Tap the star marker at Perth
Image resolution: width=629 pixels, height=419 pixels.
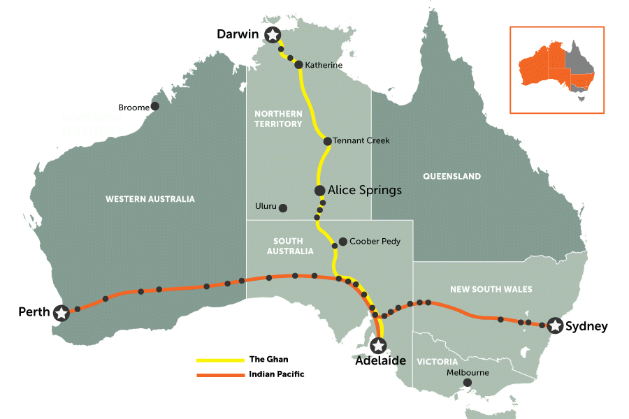(x=62, y=313)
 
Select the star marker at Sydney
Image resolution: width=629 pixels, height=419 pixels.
(x=555, y=325)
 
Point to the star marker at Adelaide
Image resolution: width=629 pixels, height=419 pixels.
(x=378, y=345)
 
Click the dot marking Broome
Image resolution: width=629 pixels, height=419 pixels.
(x=155, y=106)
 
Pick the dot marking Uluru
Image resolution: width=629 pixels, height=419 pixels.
(x=283, y=207)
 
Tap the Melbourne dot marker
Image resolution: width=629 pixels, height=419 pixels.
(x=467, y=383)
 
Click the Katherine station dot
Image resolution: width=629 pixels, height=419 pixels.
(x=298, y=65)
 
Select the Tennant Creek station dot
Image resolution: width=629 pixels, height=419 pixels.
(x=327, y=141)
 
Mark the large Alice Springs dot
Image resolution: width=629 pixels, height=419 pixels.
(x=319, y=190)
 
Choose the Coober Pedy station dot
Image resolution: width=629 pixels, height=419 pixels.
(x=342, y=242)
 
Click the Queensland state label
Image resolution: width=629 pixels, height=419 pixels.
(x=451, y=176)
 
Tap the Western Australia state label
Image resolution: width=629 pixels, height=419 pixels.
(x=150, y=199)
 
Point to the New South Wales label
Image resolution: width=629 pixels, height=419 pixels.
(x=491, y=289)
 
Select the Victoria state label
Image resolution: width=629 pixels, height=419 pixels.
(x=437, y=362)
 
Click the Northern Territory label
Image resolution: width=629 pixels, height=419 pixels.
(x=278, y=119)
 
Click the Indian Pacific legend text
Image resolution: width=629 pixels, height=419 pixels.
(x=276, y=374)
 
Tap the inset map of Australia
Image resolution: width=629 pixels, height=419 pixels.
(x=556, y=70)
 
